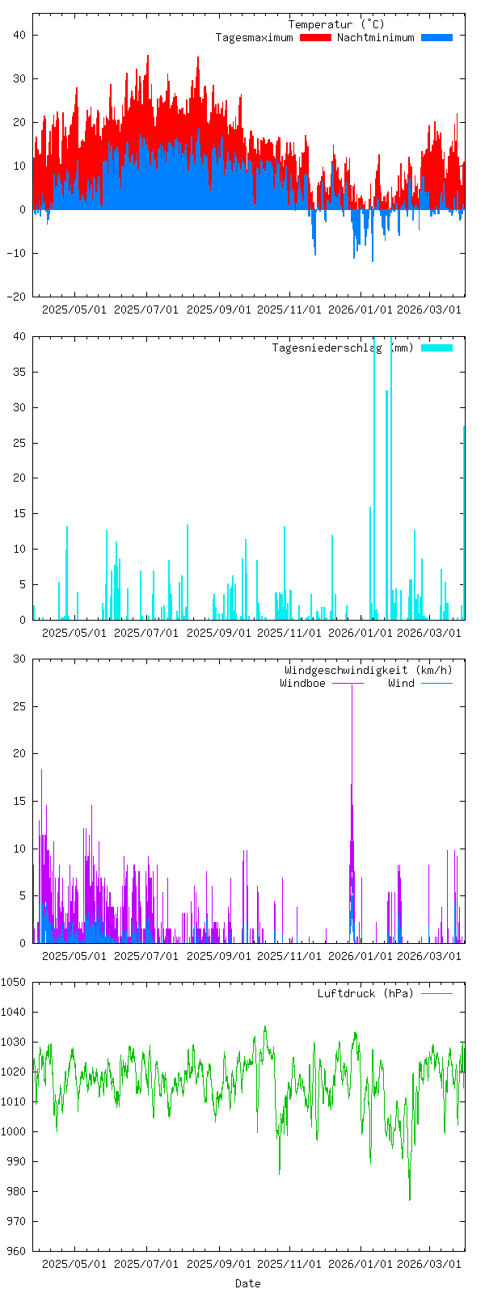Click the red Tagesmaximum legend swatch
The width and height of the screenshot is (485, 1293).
315,38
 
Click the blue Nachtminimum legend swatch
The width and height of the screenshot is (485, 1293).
436,38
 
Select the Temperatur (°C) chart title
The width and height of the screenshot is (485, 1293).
336,25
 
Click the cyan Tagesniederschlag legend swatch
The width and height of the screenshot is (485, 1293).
436,348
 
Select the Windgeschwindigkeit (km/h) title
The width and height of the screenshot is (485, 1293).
368,671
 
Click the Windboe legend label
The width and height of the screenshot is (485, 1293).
302,684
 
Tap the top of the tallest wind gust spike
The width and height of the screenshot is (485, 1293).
352,686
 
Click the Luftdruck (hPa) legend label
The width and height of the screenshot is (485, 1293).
365,994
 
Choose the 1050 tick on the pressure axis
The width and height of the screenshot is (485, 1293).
14,982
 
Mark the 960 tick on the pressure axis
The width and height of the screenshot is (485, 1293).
16,1251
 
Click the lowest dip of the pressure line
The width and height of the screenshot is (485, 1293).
409,1199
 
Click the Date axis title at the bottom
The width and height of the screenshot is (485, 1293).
247,1283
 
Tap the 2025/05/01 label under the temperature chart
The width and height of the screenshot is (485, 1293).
74,310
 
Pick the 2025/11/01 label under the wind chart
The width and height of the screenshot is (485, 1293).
289,956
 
